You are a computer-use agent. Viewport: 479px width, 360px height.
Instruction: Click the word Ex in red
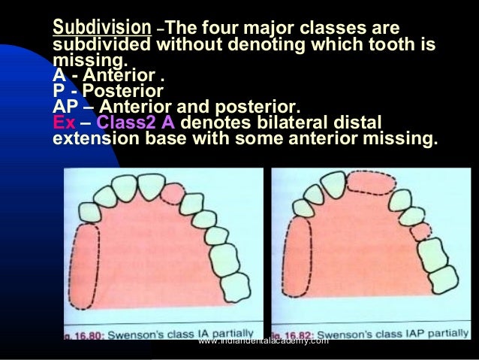tap(64, 122)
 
